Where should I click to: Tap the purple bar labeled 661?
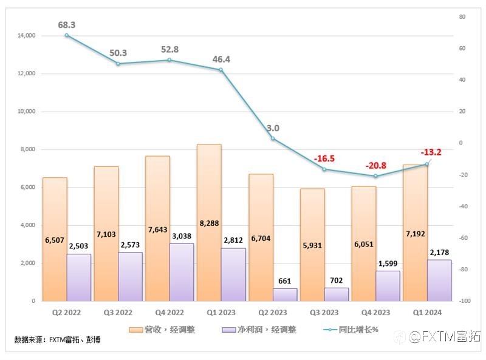coord(284,294)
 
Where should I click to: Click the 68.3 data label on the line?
coord(66,25)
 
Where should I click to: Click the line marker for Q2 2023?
coord(273,138)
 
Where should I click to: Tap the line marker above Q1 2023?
coord(221,70)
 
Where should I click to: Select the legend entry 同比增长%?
coord(351,330)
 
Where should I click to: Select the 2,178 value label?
coord(439,251)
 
